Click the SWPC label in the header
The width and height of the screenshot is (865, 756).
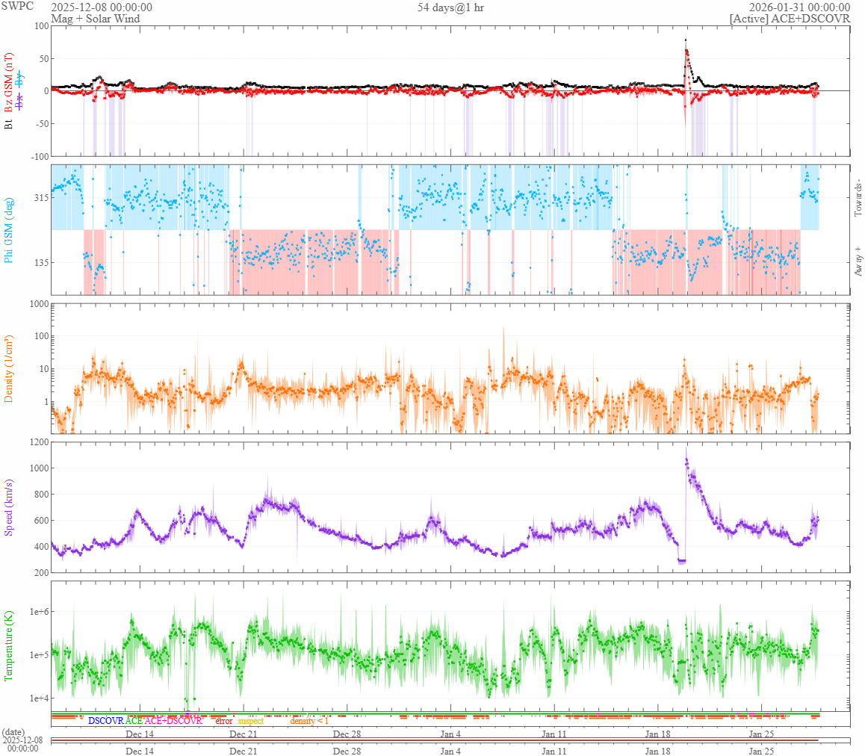[x=17, y=7]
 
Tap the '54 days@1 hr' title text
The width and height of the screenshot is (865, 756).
[x=450, y=7]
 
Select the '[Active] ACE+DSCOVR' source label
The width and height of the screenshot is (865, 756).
[x=790, y=19]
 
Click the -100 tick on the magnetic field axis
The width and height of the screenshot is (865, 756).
[x=37, y=156]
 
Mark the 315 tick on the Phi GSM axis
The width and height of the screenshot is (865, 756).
[x=40, y=198]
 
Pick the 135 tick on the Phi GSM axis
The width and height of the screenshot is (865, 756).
[x=40, y=262]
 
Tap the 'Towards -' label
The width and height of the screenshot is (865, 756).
[x=858, y=198]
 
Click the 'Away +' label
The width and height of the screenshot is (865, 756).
[x=858, y=262]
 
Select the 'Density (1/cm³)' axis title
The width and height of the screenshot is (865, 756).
[x=10, y=368]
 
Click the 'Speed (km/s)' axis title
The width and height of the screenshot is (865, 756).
[x=10, y=507]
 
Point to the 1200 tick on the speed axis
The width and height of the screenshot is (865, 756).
[x=37, y=442]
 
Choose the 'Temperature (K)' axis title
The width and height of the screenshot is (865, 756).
[x=10, y=645]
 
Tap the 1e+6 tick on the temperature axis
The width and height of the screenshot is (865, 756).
[x=35, y=612]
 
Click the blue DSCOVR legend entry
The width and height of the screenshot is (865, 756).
[x=105, y=721]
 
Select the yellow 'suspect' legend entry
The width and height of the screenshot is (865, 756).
[x=251, y=721]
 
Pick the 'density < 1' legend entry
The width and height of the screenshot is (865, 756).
[x=309, y=721]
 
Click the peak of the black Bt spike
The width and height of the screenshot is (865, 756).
[x=686, y=39]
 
